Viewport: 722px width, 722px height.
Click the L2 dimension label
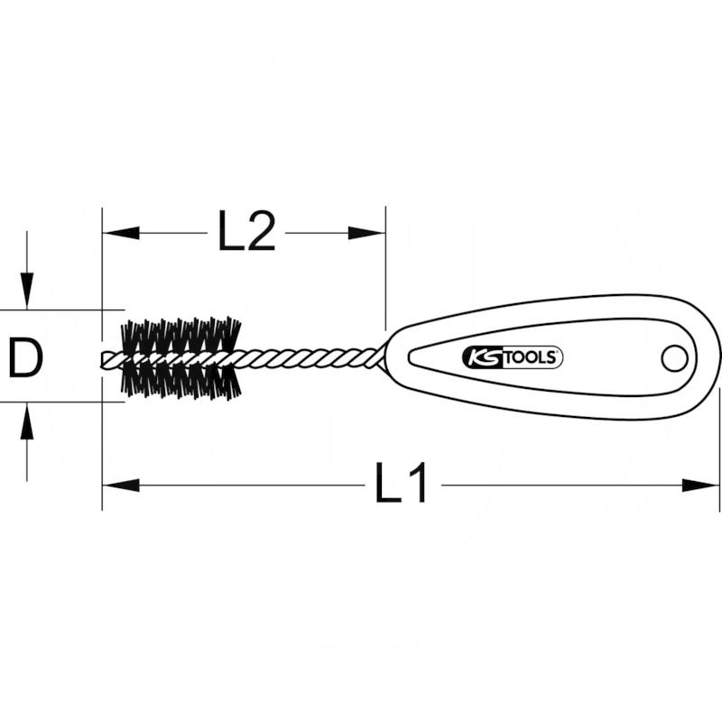[245, 233]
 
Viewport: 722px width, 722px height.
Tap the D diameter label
[26, 358]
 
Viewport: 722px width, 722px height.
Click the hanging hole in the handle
[673, 357]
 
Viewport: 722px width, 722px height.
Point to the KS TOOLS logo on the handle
[513, 357]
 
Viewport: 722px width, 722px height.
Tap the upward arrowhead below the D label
[27, 422]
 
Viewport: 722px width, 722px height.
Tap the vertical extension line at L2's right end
[385, 271]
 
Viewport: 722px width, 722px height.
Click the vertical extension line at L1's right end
[720, 433]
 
